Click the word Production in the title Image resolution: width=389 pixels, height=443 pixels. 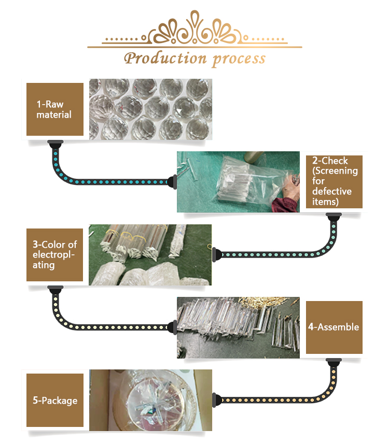pyautogui.click(x=165, y=59)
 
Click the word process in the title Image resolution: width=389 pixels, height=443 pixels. pyautogui.click(x=239, y=60)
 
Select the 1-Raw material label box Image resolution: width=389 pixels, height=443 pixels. pyautogui.click(x=55, y=109)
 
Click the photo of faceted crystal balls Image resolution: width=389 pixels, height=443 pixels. pyautogui.click(x=150, y=109)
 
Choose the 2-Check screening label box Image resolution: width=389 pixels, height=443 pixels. pyautogui.click(x=334, y=182)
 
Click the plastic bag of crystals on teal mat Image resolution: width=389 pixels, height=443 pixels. pyautogui.click(x=249, y=179)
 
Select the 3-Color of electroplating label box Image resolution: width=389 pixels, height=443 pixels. pyautogui.click(x=54, y=255)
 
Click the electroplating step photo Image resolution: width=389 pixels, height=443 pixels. pyautogui.click(x=150, y=255)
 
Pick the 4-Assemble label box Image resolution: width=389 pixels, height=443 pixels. pyautogui.click(x=334, y=327)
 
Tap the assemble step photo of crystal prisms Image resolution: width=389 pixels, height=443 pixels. pyautogui.click(x=238, y=327)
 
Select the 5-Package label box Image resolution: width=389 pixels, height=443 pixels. pyautogui.click(x=55, y=400)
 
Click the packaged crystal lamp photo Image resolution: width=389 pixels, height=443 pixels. pyautogui.click(x=150, y=400)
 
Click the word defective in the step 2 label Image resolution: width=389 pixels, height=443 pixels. pyautogui.click(x=332, y=191)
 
